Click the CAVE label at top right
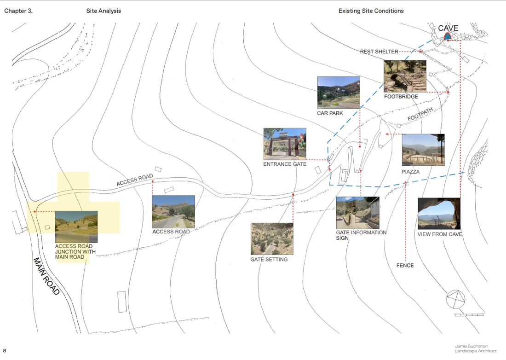(448, 29)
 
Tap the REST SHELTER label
(379, 52)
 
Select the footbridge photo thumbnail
(405, 76)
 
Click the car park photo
(338, 93)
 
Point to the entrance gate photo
(285, 144)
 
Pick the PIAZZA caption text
(410, 172)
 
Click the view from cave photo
(439, 214)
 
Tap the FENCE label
(405, 266)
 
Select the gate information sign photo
(357, 213)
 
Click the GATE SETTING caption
(269, 260)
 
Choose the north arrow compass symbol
(455, 300)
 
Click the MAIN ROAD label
(46, 276)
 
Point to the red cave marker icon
(447, 36)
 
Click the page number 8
(5, 351)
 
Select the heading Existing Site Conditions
(371, 11)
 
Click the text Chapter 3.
(18, 11)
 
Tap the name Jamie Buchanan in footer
(471, 346)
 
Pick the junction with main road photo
(76, 227)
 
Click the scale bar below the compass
(469, 315)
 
